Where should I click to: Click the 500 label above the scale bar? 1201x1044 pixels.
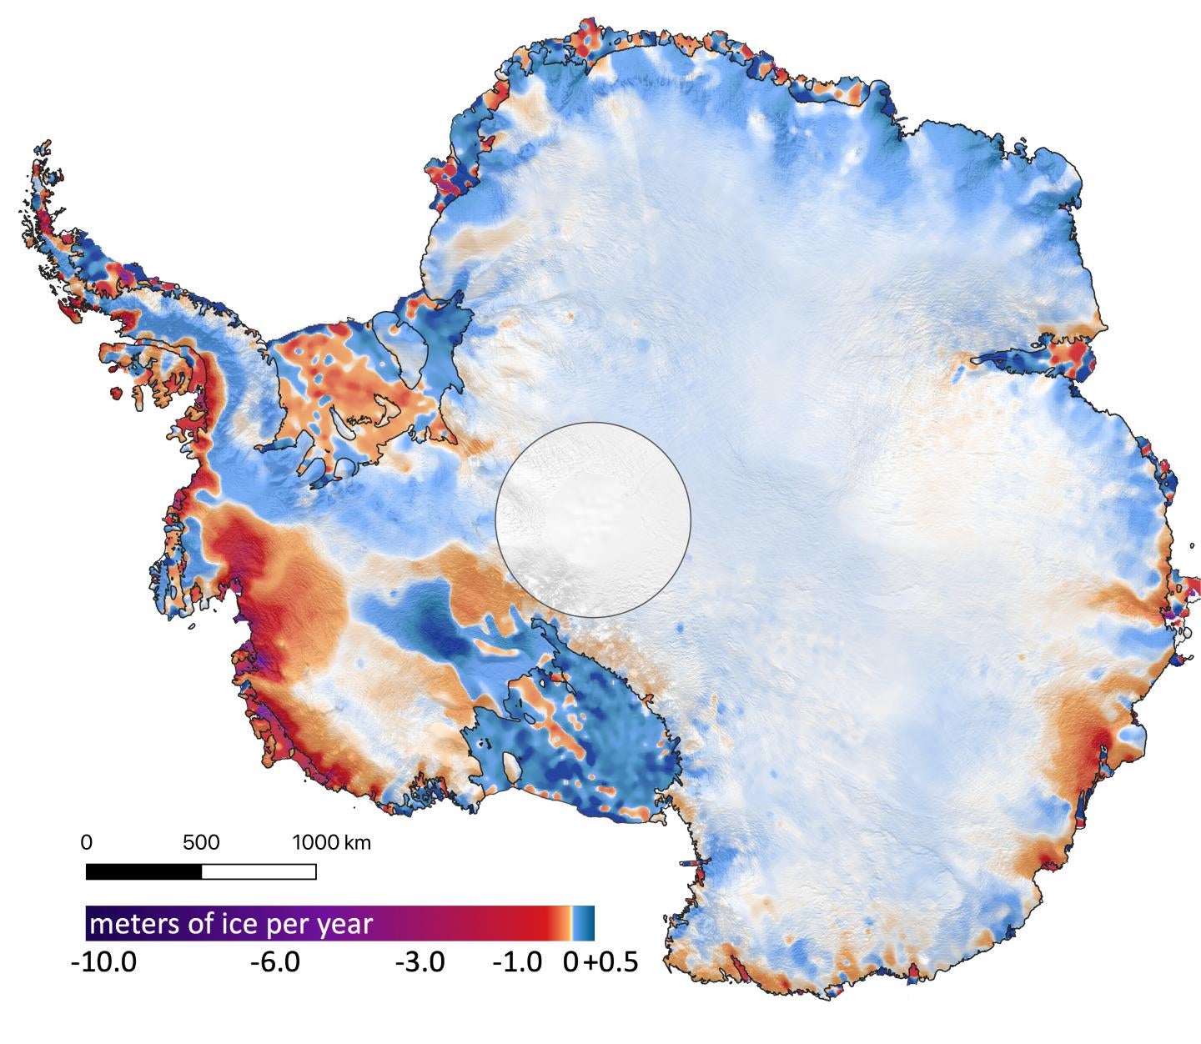click(x=201, y=842)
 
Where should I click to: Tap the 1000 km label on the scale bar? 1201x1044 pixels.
click(x=331, y=842)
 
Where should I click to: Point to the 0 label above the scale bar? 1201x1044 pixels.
click(x=87, y=842)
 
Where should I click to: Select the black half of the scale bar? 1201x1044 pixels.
click(x=143, y=871)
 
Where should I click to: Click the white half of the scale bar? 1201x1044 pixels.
click(x=259, y=871)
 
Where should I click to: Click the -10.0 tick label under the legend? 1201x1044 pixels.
click(x=103, y=962)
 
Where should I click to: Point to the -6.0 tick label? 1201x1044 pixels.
click(x=275, y=962)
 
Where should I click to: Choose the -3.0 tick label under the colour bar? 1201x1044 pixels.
click(x=420, y=962)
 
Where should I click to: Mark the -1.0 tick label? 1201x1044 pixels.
click(x=517, y=962)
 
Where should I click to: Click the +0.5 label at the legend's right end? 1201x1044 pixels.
click(x=611, y=962)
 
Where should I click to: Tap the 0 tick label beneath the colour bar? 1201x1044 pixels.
click(x=570, y=962)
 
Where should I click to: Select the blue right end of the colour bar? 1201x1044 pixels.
click(x=585, y=923)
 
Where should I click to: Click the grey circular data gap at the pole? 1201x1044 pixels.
click(x=593, y=519)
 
